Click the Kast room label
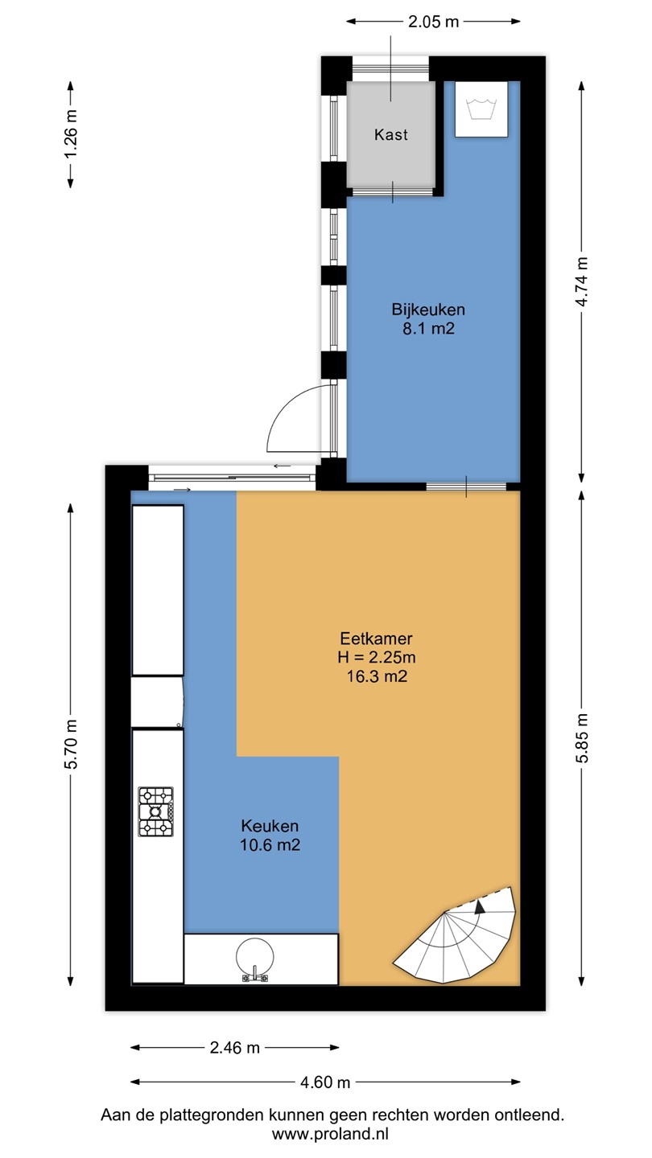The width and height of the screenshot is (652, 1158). pyautogui.click(x=391, y=135)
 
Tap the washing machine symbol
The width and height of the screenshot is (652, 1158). pyautogui.click(x=481, y=109)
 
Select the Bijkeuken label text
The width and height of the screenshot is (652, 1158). pyautogui.click(x=428, y=310)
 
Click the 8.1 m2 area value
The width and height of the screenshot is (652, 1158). pyautogui.click(x=428, y=329)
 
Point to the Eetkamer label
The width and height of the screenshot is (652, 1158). pyautogui.click(x=376, y=639)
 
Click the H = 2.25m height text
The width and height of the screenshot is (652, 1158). pyautogui.click(x=377, y=657)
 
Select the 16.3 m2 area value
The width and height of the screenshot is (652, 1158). pyautogui.click(x=377, y=676)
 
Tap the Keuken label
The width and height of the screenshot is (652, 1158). pyautogui.click(x=270, y=826)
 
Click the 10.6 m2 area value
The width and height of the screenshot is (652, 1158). pyautogui.click(x=270, y=844)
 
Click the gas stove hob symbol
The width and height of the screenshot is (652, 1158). pyautogui.click(x=156, y=811)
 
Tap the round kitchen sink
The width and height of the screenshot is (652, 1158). pyautogui.click(x=254, y=956)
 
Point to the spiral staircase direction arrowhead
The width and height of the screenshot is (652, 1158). pyautogui.click(x=480, y=907)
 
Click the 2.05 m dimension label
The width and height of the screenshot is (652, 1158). pyautogui.click(x=433, y=22)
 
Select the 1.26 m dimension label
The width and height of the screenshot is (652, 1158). pyautogui.click(x=71, y=134)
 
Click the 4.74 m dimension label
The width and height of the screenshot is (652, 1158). pyautogui.click(x=582, y=281)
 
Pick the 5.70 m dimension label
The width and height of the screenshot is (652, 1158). pyautogui.click(x=71, y=744)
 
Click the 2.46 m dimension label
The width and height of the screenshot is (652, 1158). pyautogui.click(x=234, y=1048)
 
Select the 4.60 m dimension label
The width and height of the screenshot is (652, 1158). pyautogui.click(x=325, y=1082)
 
